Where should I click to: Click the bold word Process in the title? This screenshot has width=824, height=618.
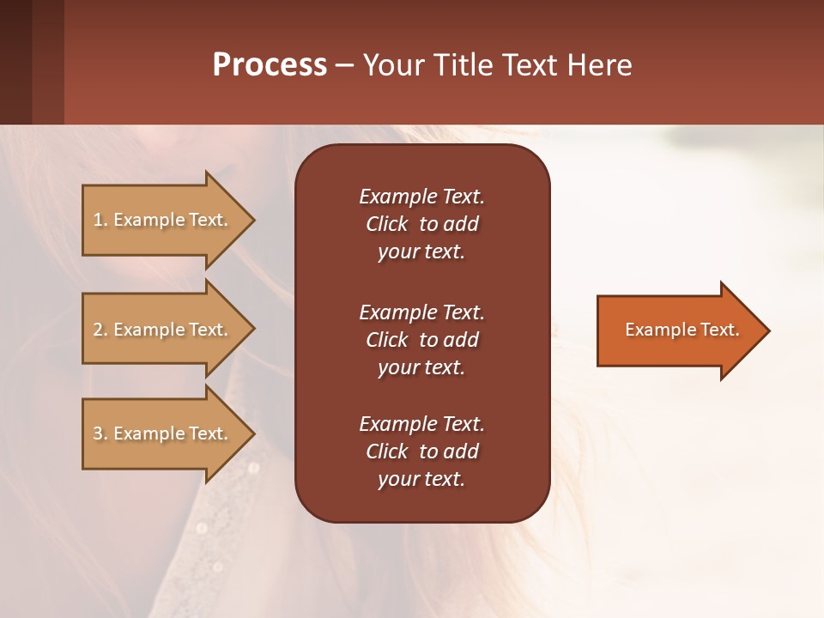[x=270, y=65]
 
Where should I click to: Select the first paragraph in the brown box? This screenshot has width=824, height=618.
[x=421, y=224]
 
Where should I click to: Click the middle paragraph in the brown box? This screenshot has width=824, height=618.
[x=421, y=340]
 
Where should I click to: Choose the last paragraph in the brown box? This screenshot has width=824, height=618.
[x=421, y=451]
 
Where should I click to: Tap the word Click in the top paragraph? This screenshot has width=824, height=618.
[x=387, y=224]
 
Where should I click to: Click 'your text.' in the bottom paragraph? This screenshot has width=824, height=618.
[x=421, y=479]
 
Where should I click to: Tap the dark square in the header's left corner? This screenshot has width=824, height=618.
[x=15, y=63]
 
